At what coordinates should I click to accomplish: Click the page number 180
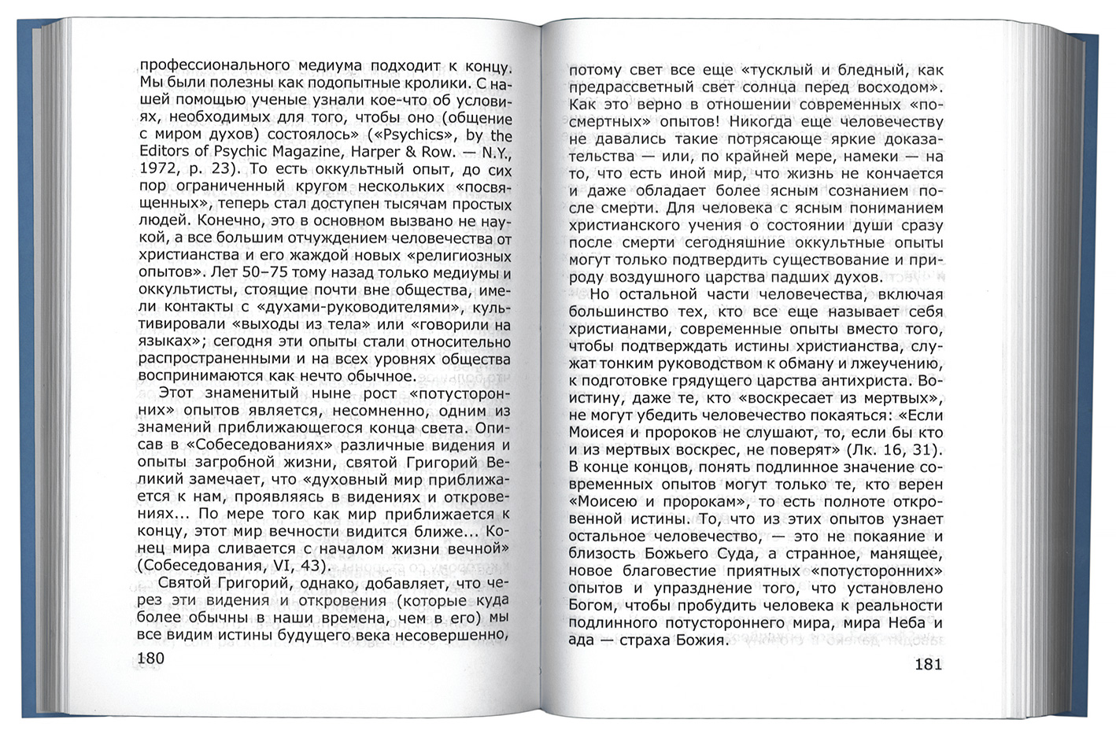point(151,659)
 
